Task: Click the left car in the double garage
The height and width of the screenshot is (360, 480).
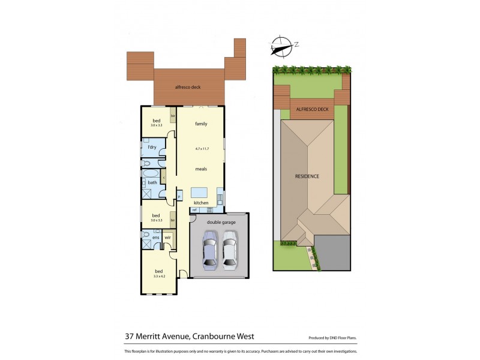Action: click(209, 251)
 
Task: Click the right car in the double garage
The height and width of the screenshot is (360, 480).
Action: click(229, 251)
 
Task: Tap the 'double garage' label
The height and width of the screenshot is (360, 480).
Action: click(221, 222)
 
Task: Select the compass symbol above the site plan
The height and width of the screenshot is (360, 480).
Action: click(281, 44)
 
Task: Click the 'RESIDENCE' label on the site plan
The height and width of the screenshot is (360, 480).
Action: click(307, 176)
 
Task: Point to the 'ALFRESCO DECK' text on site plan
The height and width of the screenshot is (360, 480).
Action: click(313, 110)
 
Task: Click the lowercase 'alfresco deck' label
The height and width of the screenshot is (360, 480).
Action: click(187, 87)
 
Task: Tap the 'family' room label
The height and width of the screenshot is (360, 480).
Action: click(201, 124)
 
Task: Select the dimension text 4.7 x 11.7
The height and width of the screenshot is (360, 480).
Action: click(201, 148)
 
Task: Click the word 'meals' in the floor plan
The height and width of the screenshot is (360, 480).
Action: click(201, 169)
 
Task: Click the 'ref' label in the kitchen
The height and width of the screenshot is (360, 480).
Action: click(194, 209)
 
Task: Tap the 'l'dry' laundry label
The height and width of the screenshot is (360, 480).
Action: click(152, 147)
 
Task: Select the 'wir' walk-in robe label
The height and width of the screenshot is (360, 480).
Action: click(167, 238)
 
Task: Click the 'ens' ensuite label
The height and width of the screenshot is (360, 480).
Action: click(155, 238)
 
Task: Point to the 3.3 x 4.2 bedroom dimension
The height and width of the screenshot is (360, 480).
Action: click(159, 276)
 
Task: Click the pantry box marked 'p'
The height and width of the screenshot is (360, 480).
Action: click(179, 196)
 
